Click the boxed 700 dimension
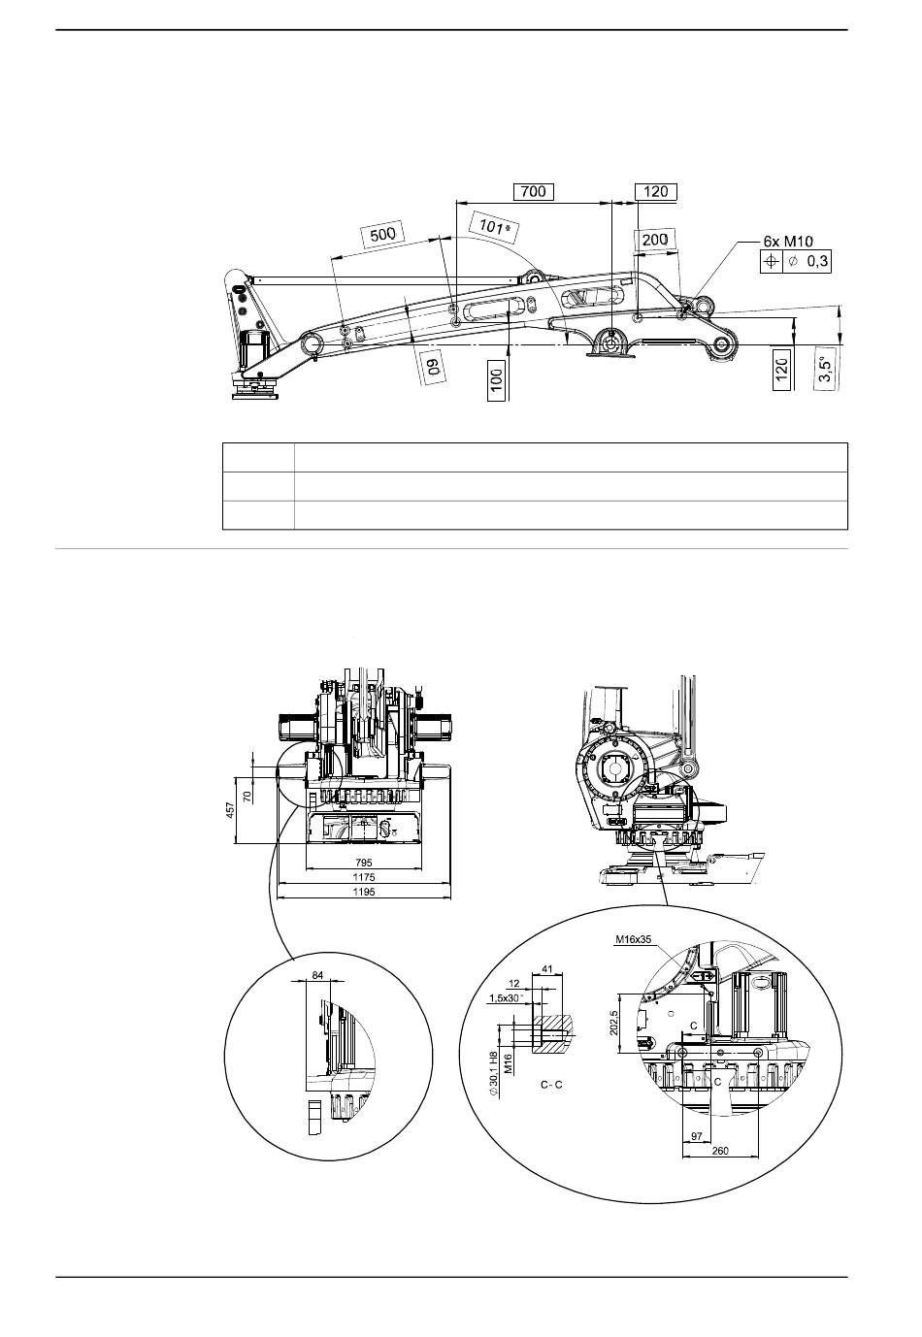(533, 191)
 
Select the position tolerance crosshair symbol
(771, 261)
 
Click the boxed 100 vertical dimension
(496, 381)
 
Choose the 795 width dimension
(364, 862)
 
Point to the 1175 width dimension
(364, 876)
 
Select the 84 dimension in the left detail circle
(317, 974)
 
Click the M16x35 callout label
(632, 939)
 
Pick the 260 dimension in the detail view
(719, 1151)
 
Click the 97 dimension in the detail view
(696, 1135)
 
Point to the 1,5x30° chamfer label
(506, 997)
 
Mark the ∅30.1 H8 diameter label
(495, 1076)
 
